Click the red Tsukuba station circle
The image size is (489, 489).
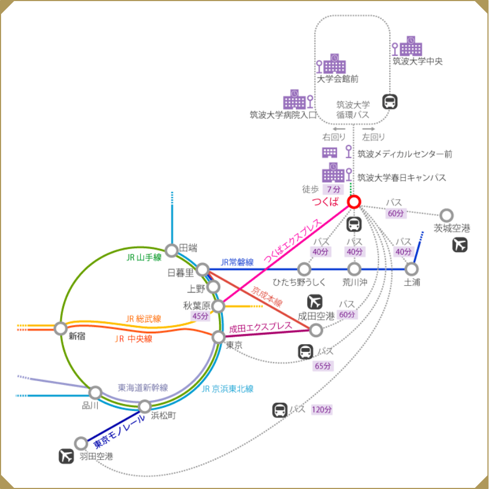[353, 202]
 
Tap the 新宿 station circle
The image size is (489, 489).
[61, 328]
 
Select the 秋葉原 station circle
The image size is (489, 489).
[218, 306]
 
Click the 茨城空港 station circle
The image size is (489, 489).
[446, 215]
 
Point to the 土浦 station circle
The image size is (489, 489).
[411, 268]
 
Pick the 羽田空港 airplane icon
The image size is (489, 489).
[66, 456]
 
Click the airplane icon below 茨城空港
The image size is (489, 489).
[460, 245]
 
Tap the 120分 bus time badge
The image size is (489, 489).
[321, 410]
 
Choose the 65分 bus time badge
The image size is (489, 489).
[323, 365]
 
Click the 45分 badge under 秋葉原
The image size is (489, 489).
[200, 316]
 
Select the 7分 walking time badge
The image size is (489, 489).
[333, 189]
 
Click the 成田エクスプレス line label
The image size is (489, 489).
[261, 327]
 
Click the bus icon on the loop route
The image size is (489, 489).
[390, 101]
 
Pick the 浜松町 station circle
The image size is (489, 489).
[145, 406]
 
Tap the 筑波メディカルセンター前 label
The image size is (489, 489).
[404, 154]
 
